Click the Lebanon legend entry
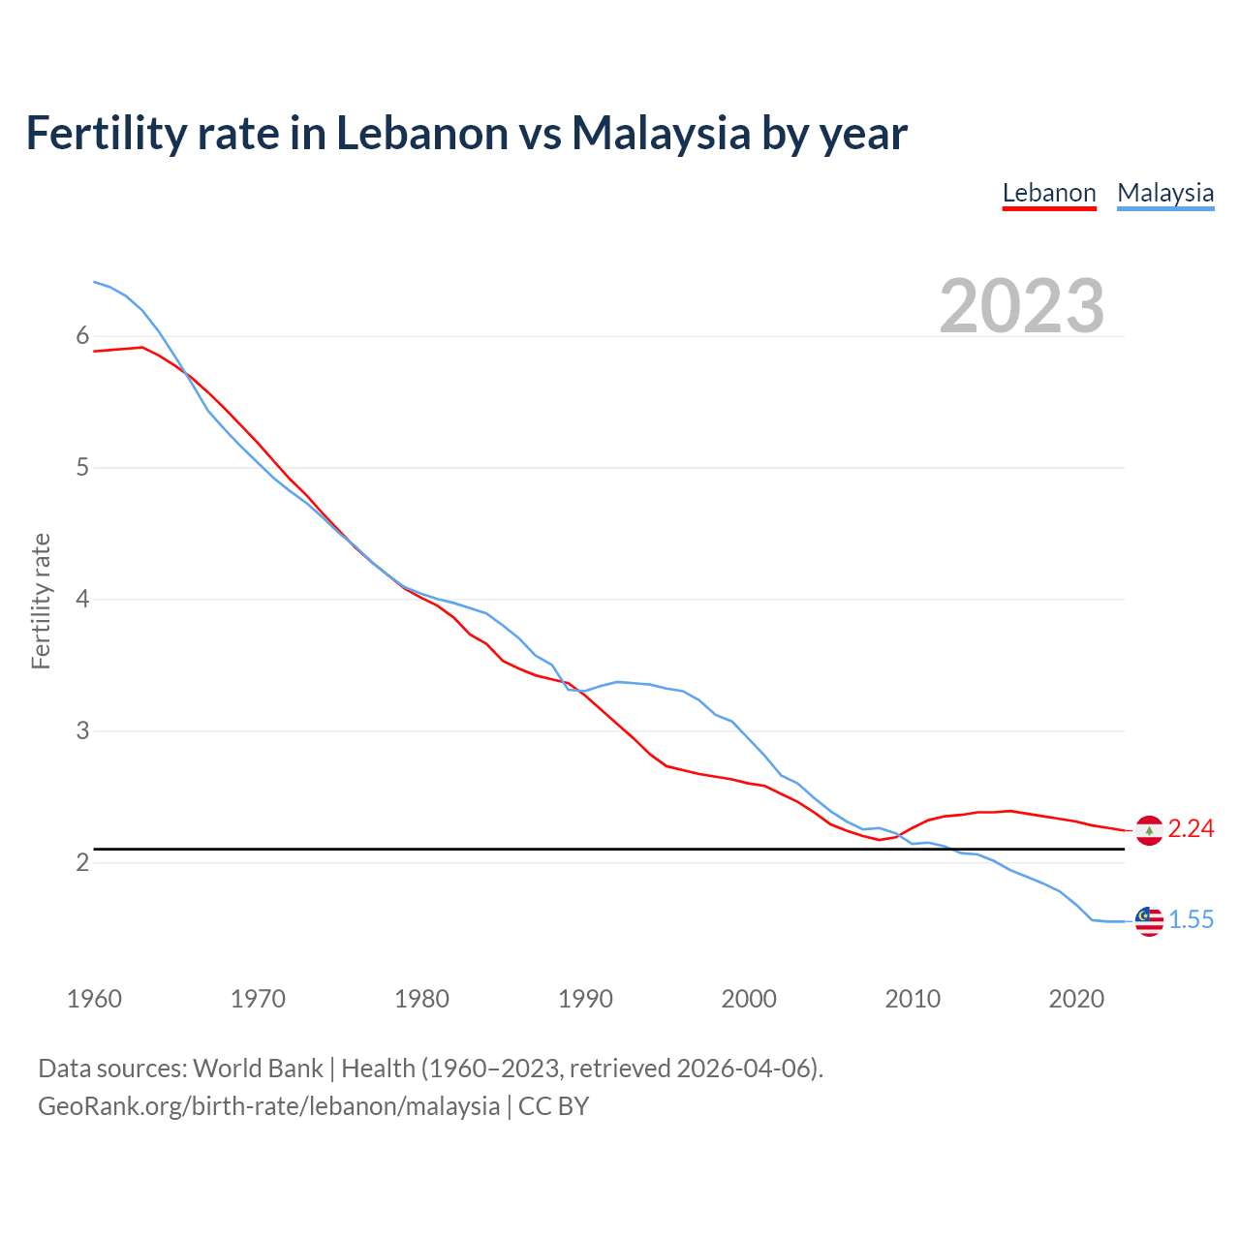(x=1048, y=193)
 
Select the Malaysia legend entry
(x=1164, y=193)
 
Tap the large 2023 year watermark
(x=1021, y=306)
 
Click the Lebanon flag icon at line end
(x=1148, y=830)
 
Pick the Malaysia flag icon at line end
(x=1148, y=921)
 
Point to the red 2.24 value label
(x=1191, y=828)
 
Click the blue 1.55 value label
(x=1191, y=919)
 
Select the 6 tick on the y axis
(x=82, y=336)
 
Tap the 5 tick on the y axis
(x=82, y=468)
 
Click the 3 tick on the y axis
(x=82, y=730)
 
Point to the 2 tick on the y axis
(x=82, y=862)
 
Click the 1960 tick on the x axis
(x=94, y=999)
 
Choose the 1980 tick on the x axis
(x=421, y=999)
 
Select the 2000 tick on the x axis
(x=749, y=999)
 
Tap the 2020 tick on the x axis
(x=1076, y=999)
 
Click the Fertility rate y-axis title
(x=41, y=601)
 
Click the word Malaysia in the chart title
(x=661, y=133)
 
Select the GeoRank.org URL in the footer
(x=268, y=1106)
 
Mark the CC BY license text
(x=553, y=1106)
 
